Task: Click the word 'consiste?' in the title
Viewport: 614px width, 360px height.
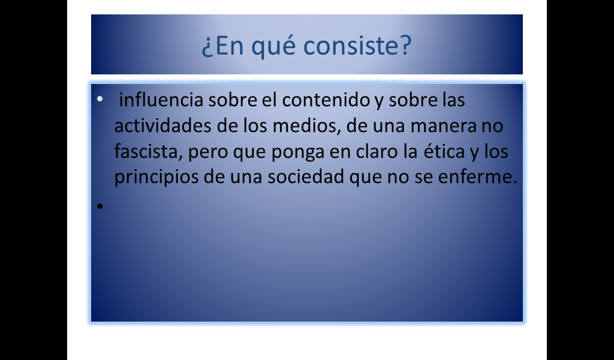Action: point(357,46)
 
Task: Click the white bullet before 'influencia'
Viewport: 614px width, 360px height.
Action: point(100,99)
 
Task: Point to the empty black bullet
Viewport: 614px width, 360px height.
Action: point(100,206)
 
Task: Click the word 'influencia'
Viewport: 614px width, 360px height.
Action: point(161,100)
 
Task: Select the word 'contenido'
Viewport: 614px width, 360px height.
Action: point(326,100)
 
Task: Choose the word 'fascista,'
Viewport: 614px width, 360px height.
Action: point(149,152)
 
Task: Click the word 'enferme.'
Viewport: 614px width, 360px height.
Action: point(478,176)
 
